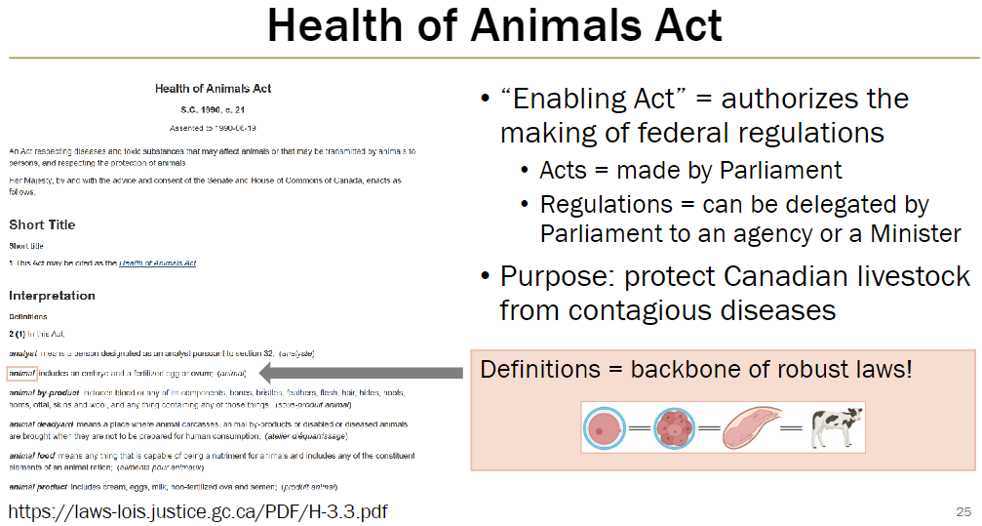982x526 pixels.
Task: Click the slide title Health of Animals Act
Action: (x=494, y=27)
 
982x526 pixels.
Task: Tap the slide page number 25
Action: (x=963, y=511)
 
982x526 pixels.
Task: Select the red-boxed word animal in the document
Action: (x=21, y=372)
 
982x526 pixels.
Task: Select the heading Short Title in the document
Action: (x=42, y=224)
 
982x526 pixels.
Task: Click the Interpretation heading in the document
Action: (x=52, y=295)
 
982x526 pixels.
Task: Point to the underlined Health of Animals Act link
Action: (x=157, y=263)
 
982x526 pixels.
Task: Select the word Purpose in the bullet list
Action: (x=555, y=277)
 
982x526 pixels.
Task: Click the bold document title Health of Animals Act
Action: (x=213, y=89)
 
